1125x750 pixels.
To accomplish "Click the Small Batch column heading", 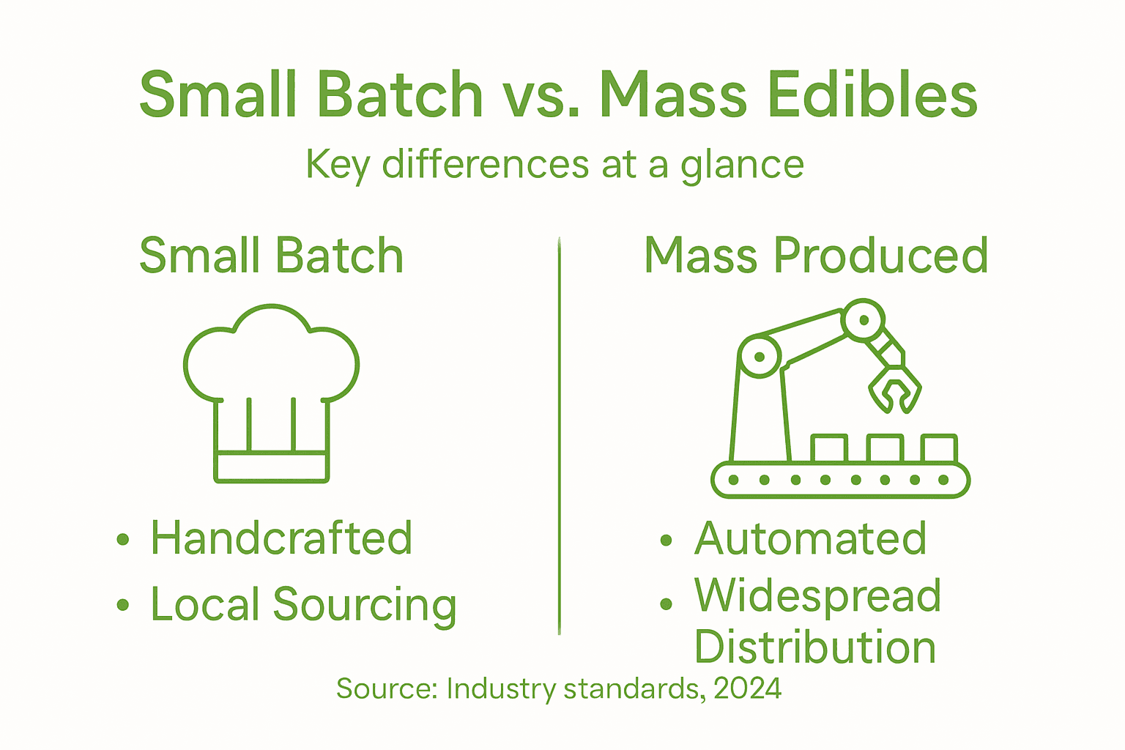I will pyautogui.click(x=271, y=256).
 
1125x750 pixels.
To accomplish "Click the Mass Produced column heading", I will pyautogui.click(x=816, y=256).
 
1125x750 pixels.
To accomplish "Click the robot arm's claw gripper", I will pyautogui.click(x=894, y=388).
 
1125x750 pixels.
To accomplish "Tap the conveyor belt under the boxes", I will pyautogui.click(x=840, y=480).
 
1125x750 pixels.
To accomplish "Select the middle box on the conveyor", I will pyautogui.click(x=885, y=448).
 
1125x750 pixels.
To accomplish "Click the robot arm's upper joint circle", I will pyautogui.click(x=864, y=320).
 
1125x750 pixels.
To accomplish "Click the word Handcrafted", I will pyautogui.click(x=281, y=538).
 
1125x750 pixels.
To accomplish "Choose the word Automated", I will pyautogui.click(x=810, y=538).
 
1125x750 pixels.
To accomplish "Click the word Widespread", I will pyautogui.click(x=817, y=595).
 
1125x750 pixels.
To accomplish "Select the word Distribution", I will pyautogui.click(x=814, y=647).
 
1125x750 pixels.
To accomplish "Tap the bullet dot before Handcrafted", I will pyautogui.click(x=122, y=540).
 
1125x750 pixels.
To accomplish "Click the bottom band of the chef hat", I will pyautogui.click(x=271, y=467).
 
